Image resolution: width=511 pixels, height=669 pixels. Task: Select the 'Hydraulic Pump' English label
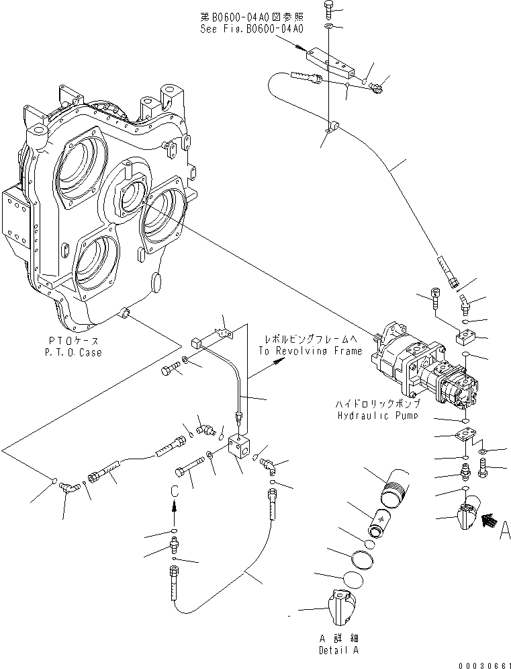(x=378, y=416)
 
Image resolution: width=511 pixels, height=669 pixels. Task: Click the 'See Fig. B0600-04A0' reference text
(x=252, y=30)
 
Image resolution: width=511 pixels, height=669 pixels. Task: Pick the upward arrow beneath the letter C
(x=174, y=514)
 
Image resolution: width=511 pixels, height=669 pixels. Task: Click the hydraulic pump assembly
(x=423, y=367)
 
